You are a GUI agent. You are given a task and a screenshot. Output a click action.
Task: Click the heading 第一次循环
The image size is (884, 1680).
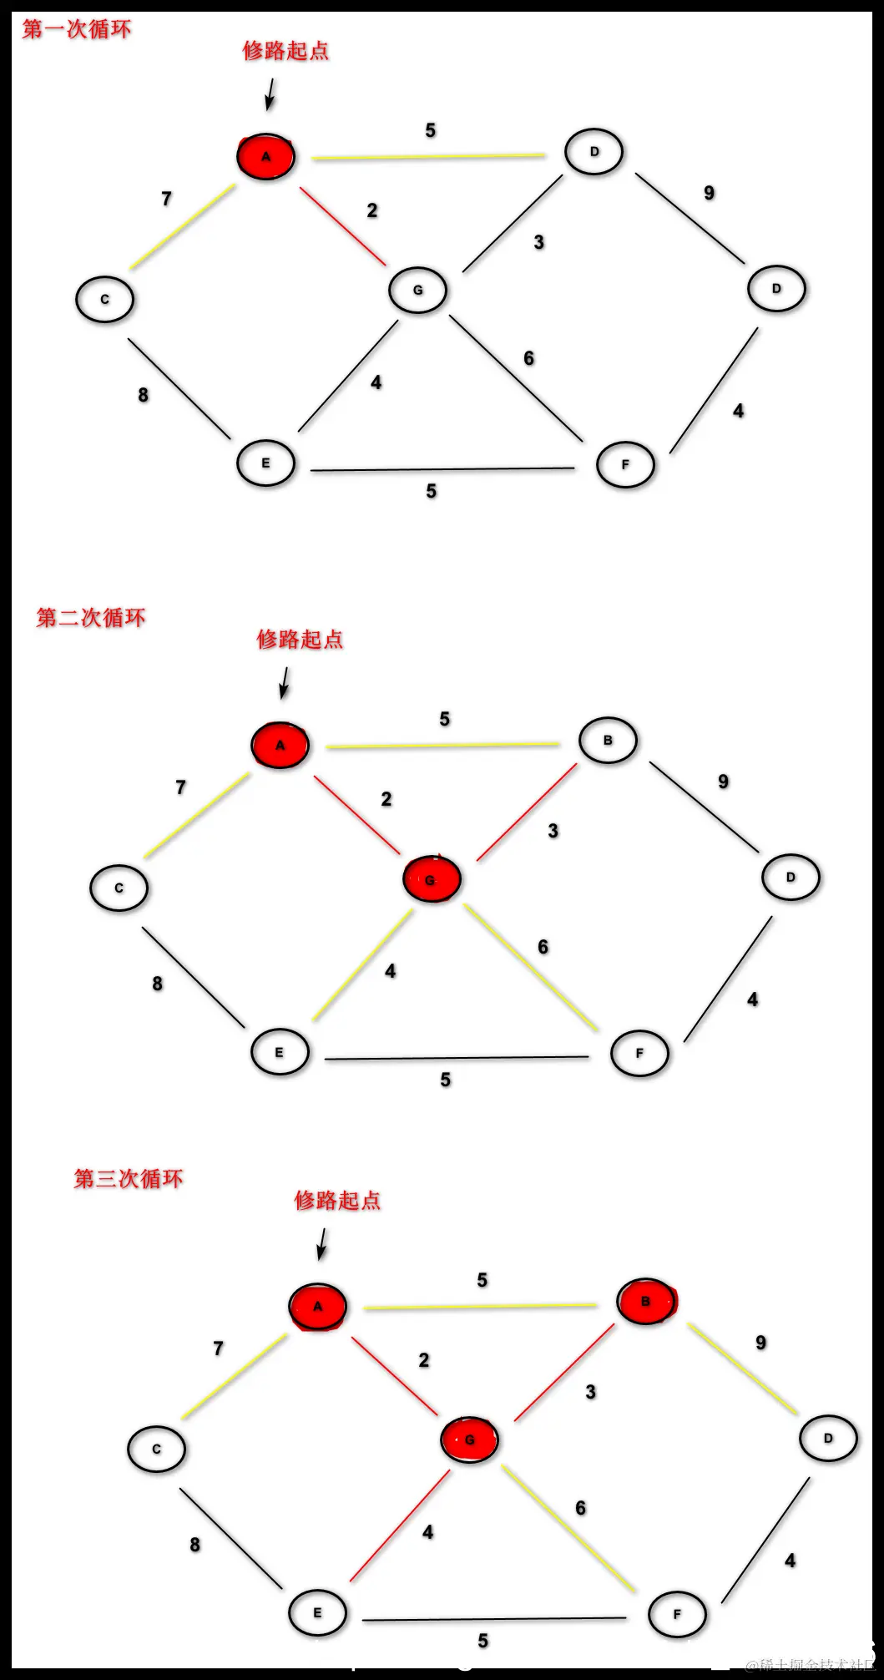click(x=77, y=30)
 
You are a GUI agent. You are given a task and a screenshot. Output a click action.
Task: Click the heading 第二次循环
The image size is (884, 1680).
click(x=91, y=618)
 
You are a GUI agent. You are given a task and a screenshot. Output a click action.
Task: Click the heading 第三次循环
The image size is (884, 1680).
click(x=129, y=1179)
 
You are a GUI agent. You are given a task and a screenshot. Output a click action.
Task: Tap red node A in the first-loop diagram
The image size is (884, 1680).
click(x=265, y=156)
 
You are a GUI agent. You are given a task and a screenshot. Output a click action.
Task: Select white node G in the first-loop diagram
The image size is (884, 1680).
click(x=418, y=290)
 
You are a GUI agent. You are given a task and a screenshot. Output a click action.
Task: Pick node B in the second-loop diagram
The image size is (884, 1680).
click(x=608, y=741)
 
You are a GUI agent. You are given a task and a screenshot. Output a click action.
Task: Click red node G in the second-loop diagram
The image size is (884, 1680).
click(x=432, y=879)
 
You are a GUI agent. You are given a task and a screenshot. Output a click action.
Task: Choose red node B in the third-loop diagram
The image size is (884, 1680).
click(x=646, y=1301)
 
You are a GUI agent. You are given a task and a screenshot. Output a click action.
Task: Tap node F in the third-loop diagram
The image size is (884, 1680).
click(x=677, y=1614)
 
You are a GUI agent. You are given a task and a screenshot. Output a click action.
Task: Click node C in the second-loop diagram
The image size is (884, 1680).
click(x=119, y=888)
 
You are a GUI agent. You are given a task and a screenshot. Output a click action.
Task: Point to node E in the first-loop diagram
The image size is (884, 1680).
click(x=265, y=463)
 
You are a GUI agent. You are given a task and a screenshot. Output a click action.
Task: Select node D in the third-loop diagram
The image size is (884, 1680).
click(x=828, y=1438)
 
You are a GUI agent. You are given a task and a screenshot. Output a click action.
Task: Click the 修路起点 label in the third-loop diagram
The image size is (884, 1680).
click(x=337, y=1201)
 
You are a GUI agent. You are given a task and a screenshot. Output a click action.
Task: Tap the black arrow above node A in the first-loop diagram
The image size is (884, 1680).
click(x=270, y=94)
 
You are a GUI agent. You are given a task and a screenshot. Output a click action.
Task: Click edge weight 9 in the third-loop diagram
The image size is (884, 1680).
click(x=760, y=1343)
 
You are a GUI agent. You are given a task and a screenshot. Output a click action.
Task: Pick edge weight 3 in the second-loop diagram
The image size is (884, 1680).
click(x=553, y=831)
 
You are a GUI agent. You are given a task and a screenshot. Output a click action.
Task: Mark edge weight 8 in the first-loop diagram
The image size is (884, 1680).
click(x=144, y=395)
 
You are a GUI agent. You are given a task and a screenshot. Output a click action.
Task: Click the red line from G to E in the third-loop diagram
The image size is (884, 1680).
click(x=400, y=1526)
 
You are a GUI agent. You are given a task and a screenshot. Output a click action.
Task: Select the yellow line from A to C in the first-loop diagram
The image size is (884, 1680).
click(x=183, y=227)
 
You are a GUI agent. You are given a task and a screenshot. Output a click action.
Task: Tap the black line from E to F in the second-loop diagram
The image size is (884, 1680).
click(x=457, y=1059)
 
